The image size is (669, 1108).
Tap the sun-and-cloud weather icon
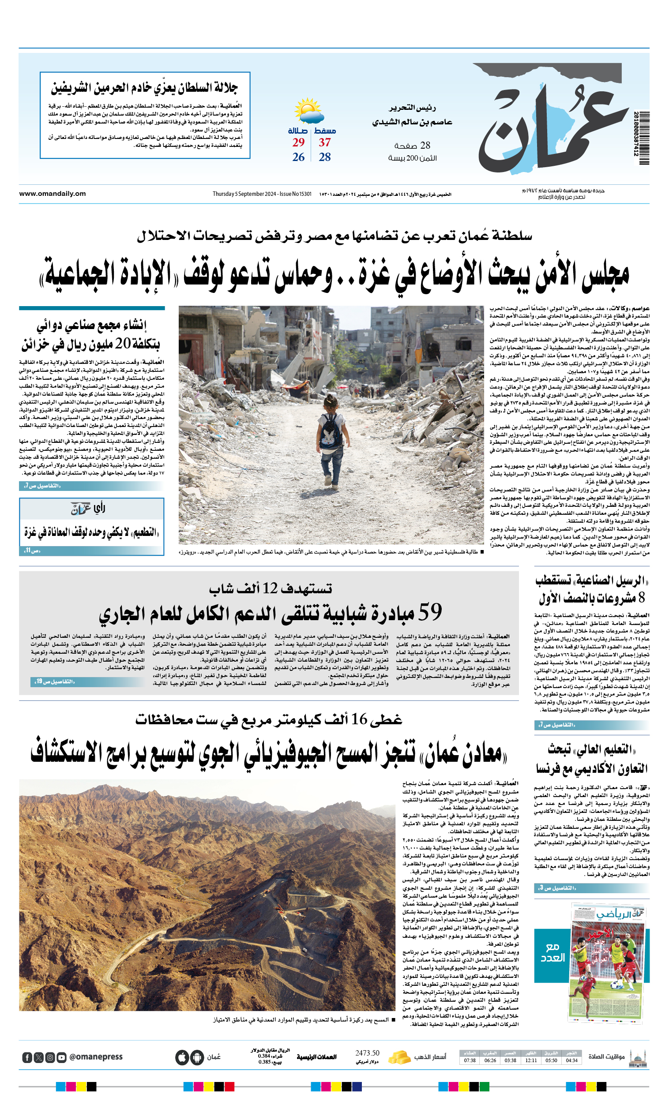coord(309,111)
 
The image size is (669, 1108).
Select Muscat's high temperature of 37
coord(325,142)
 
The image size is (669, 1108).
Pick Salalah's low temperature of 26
coord(298,157)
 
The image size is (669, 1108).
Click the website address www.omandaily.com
coord(52,194)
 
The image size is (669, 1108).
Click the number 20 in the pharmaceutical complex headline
coord(123,344)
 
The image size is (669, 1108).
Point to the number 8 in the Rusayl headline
coord(642,598)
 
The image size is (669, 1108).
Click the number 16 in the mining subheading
coord(360,719)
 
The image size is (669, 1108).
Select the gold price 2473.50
coord(367,1053)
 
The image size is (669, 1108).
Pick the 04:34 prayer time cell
coord(572,1060)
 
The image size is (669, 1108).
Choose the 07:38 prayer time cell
coord(470,1060)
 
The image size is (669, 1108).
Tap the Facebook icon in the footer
coord(27,1058)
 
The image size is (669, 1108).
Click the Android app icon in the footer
coord(197,1058)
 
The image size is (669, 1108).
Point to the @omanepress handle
coord(96,1057)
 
